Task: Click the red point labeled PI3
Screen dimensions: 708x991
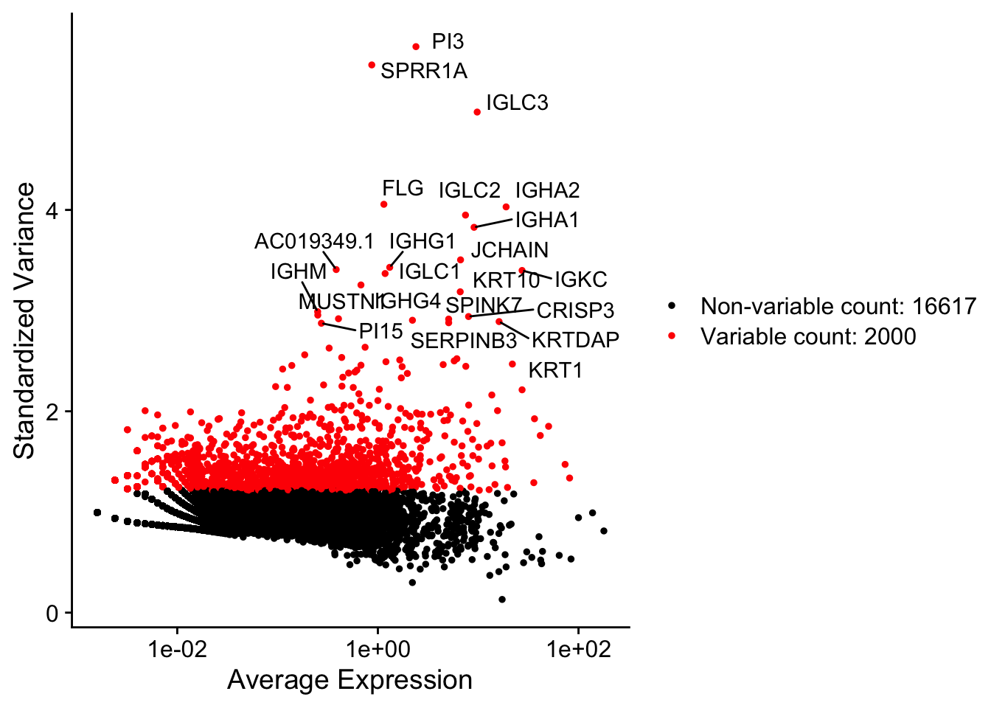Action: (416, 46)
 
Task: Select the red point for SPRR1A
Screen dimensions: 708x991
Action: (372, 65)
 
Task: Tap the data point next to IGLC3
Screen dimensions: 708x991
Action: (477, 112)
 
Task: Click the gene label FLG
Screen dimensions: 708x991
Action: (403, 189)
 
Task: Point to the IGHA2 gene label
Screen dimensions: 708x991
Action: (547, 191)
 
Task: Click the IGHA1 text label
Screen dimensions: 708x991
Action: (547, 220)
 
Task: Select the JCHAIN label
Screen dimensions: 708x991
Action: (510, 250)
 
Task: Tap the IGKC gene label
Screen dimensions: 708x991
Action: (581, 280)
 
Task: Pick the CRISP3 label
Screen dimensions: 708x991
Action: (575, 310)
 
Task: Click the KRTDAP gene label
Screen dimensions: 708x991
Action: (575, 340)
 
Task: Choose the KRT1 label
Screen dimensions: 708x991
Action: (555, 370)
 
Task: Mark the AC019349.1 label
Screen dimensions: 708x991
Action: (314, 242)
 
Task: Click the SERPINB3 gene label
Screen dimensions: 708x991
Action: (464, 341)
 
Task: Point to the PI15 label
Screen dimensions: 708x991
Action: (380, 332)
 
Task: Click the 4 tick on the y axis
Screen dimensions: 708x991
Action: (52, 210)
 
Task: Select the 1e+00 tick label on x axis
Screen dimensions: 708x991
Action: (378, 649)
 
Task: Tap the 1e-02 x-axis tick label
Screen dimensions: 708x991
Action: (177, 649)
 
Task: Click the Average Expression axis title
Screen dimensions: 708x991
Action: (350, 680)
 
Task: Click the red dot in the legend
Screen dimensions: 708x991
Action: (672, 336)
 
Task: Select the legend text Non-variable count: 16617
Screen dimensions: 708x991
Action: (838, 306)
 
